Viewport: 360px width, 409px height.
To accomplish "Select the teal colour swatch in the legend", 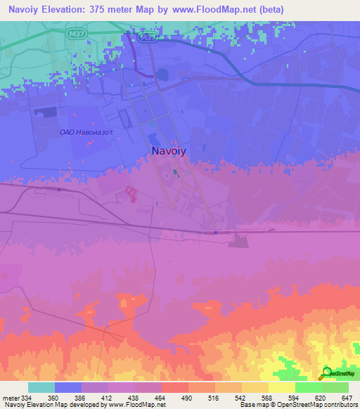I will tap(41, 387).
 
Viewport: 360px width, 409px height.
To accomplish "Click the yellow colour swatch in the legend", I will tap(282, 387).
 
